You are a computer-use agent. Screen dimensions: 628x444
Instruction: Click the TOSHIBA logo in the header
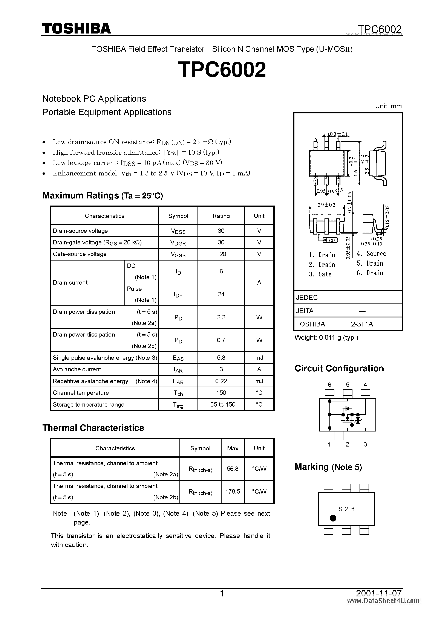click(x=76, y=28)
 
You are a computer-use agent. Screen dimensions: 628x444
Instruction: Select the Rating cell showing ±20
click(x=221, y=254)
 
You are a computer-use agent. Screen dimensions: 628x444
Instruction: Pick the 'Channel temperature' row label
click(x=81, y=393)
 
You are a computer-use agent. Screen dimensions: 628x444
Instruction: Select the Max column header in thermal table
click(x=232, y=448)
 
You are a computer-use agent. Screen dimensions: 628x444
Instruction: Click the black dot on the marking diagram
click(x=333, y=518)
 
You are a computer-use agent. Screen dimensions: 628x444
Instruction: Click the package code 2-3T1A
click(x=362, y=324)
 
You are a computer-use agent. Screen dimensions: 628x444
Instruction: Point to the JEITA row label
click(x=305, y=311)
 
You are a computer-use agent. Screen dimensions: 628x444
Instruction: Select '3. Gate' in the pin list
click(x=320, y=274)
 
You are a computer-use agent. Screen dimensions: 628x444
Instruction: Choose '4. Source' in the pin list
click(x=371, y=254)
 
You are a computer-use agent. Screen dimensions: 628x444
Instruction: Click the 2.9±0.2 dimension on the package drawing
click(x=326, y=205)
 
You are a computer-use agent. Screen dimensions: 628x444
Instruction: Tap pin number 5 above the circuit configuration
click(x=347, y=385)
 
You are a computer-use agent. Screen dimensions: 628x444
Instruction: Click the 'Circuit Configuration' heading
click(x=339, y=368)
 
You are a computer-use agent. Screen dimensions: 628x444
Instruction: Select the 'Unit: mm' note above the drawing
click(x=388, y=106)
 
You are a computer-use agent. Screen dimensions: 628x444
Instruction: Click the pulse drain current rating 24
click(x=221, y=294)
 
